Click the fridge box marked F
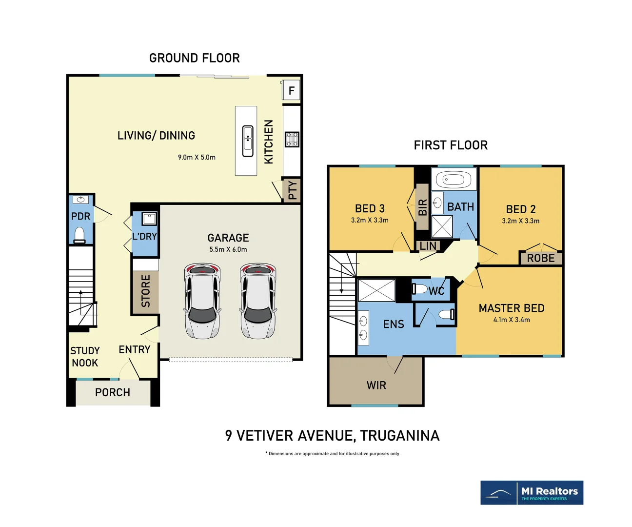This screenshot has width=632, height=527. coord(291,90)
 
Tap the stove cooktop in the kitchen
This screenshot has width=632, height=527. coord(292,140)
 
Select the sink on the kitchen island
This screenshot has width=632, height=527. coord(248,141)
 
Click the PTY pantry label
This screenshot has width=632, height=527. coord(293,190)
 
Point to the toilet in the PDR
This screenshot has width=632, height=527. coord(80,235)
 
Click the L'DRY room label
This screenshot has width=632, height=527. coord(145,236)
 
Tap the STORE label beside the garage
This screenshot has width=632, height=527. coord(146,291)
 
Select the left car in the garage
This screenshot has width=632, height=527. coord(202,301)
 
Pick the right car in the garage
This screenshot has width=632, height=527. coord(258,301)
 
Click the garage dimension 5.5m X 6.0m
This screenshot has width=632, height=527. coord(228,249)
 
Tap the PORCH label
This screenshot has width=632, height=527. coord(113,392)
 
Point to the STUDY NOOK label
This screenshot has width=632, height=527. coord(85,357)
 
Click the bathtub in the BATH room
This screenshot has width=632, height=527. coord(454,180)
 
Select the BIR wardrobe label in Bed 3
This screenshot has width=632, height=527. coord(422,207)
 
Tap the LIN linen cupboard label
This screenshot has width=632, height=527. coord(428,246)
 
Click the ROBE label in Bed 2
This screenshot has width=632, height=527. coord(541,258)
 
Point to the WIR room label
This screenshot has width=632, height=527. coord(376,385)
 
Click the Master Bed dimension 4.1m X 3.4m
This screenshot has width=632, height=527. coord(512,320)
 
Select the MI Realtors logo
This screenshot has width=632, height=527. coord(532,492)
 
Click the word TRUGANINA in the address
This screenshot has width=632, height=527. coord(399,436)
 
